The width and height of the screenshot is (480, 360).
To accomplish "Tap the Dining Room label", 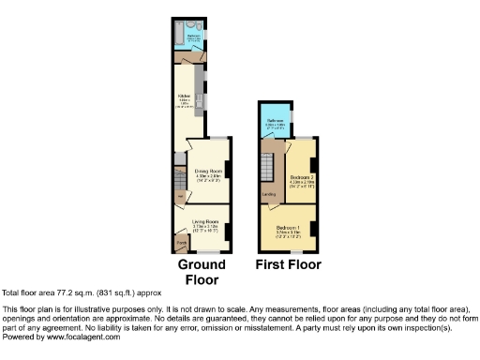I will tap(206, 171).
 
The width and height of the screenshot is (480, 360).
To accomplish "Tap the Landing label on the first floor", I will tap(269, 194).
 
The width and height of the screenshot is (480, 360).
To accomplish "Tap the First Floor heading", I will tap(288, 264).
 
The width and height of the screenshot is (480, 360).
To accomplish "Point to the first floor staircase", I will tap(268, 170).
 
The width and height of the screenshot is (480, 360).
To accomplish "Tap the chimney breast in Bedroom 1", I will tap(314, 227).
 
